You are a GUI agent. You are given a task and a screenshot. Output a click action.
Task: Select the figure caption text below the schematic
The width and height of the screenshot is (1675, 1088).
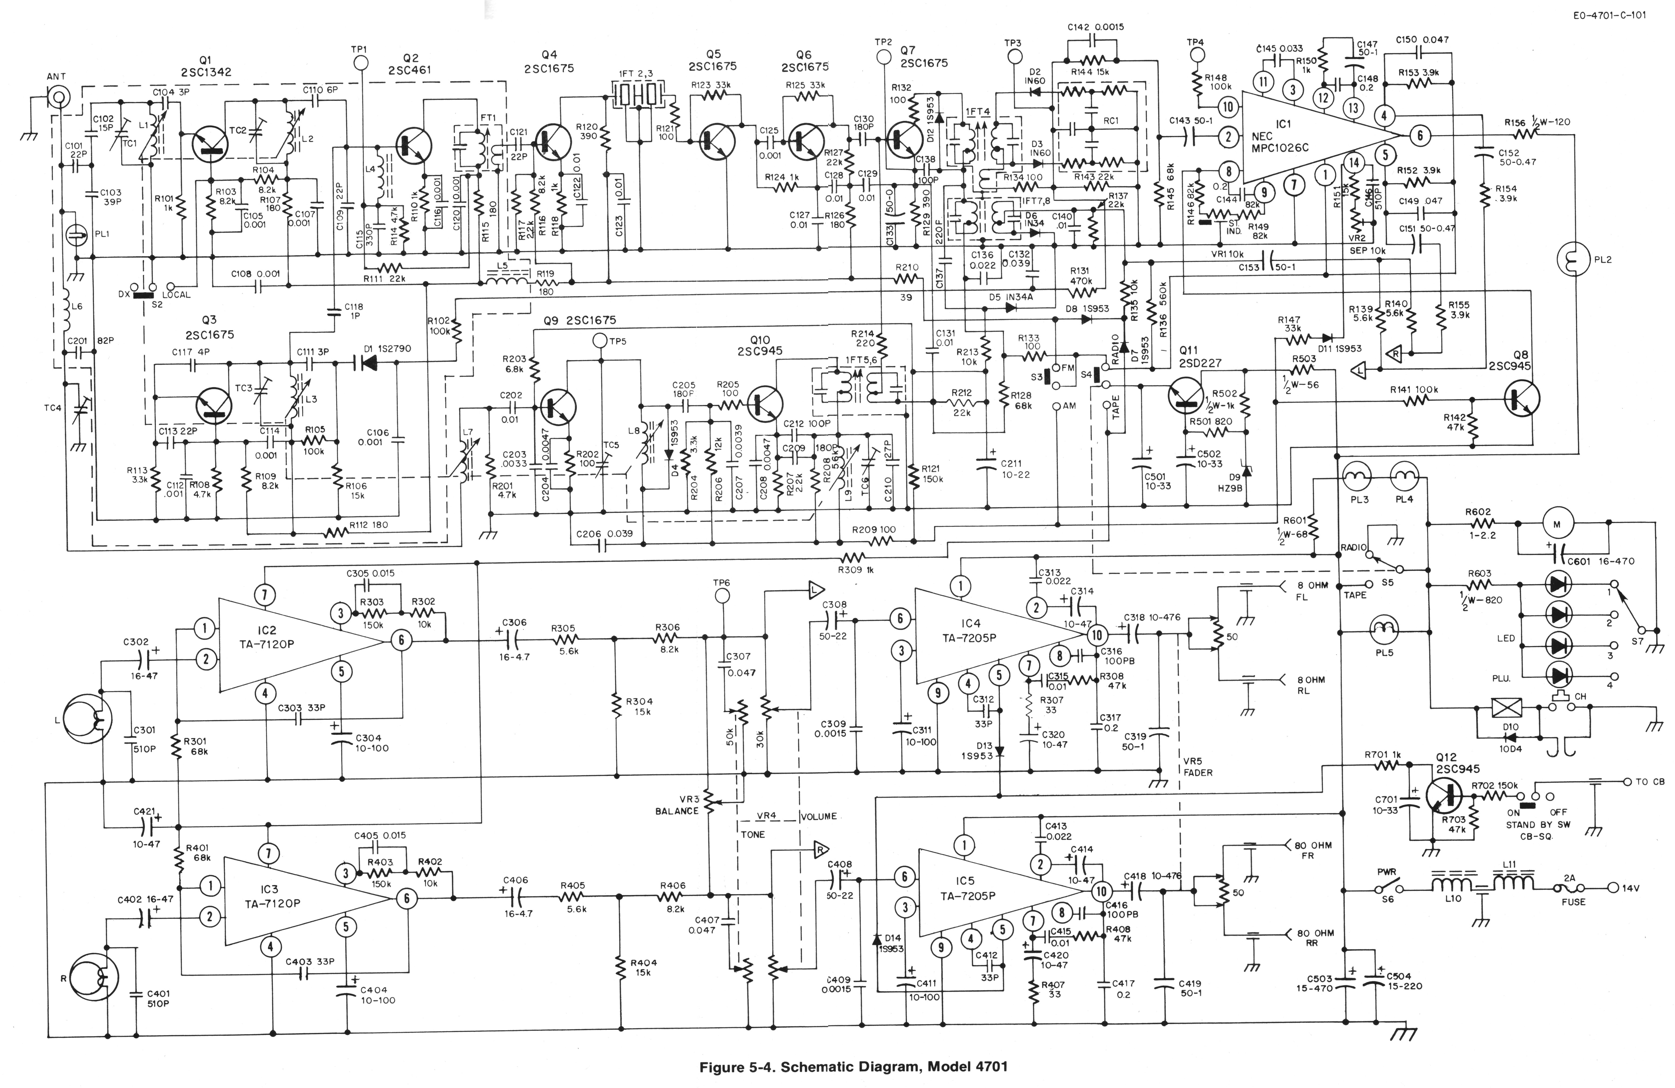click(853, 1066)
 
